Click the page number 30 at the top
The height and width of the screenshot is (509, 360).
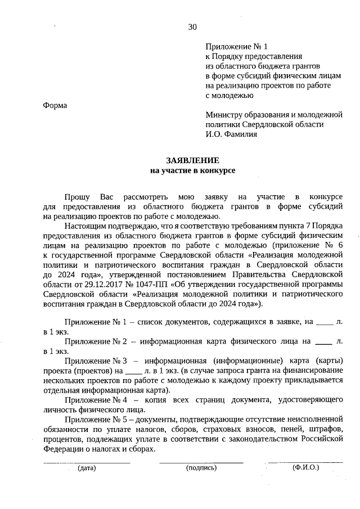coord(193,26)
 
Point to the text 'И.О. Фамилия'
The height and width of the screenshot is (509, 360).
coord(231,134)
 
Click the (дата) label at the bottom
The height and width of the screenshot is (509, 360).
coord(87,467)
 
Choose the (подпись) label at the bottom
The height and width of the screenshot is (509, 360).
coord(201,467)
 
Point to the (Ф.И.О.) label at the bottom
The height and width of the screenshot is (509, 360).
coord(305,467)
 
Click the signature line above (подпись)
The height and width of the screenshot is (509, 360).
coord(201,462)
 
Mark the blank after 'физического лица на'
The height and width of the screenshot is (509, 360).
coord(322,341)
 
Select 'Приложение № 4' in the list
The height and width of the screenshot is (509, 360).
coord(92,400)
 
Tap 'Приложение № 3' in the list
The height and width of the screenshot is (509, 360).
coord(92,361)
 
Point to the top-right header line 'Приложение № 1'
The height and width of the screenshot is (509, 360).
coord(231,47)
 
